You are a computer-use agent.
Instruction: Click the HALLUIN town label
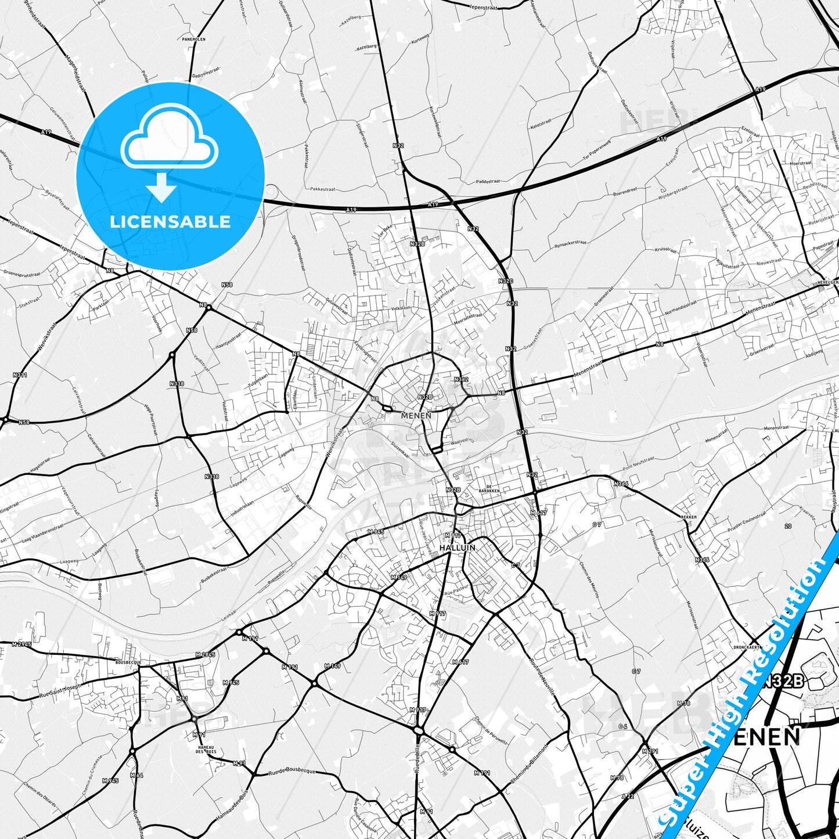[x=458, y=548]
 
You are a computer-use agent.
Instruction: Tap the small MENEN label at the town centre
[x=416, y=415]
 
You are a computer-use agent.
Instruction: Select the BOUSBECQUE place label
[x=128, y=662]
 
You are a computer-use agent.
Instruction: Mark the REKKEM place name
[x=688, y=516]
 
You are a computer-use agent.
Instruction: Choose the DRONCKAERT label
[x=747, y=646]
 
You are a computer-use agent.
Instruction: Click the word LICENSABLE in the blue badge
[x=170, y=222]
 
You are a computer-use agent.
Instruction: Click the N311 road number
[x=20, y=375]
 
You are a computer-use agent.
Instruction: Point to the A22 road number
[x=627, y=796]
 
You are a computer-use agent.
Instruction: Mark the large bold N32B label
[x=783, y=682]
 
